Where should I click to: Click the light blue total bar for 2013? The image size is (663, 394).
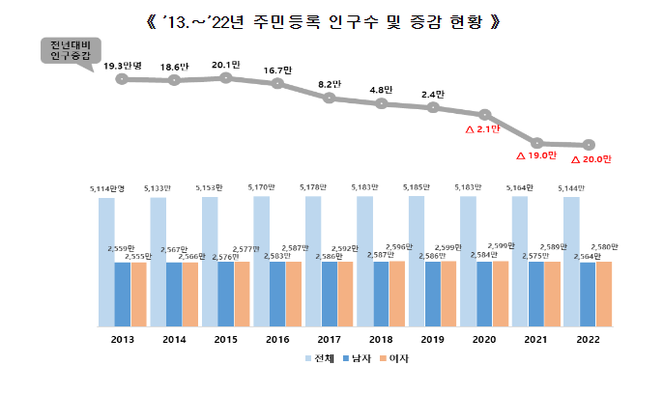[106, 262]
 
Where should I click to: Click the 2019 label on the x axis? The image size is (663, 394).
[434, 340]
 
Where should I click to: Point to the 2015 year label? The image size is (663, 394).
[226, 340]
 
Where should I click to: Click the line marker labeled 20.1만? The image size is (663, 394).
[226, 77]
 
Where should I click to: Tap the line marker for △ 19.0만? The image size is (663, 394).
[537, 143]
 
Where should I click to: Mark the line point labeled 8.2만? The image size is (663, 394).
[330, 98]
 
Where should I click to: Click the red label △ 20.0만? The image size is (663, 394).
[591, 160]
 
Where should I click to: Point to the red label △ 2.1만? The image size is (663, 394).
[483, 129]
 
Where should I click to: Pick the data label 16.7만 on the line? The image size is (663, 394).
[278, 70]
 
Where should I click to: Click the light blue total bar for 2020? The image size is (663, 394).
[468, 262]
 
